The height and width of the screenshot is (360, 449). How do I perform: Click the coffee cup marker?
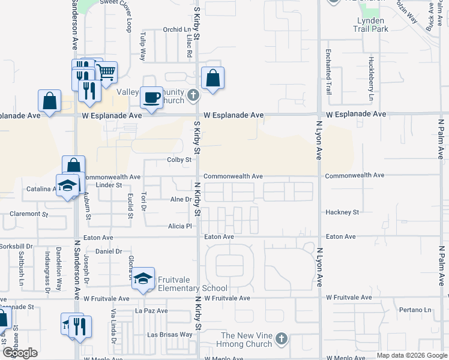151,97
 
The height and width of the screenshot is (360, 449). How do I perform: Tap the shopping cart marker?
106,73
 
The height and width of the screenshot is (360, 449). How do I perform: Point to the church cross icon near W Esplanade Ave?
193,95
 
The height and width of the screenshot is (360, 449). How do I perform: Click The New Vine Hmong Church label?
246,340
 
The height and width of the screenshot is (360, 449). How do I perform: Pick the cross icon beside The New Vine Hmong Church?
281,340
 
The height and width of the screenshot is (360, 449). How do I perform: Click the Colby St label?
179,160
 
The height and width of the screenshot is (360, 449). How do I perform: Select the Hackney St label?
342,212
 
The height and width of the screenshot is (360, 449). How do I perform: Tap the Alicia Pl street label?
179,226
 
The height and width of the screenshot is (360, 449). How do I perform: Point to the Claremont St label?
28,214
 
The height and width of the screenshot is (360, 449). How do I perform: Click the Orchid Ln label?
176,29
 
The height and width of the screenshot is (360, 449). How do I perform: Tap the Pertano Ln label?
415,310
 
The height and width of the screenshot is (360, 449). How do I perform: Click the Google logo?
20,353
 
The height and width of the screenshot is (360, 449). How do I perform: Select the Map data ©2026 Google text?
411,355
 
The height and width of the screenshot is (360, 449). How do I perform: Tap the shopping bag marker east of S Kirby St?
213,79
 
